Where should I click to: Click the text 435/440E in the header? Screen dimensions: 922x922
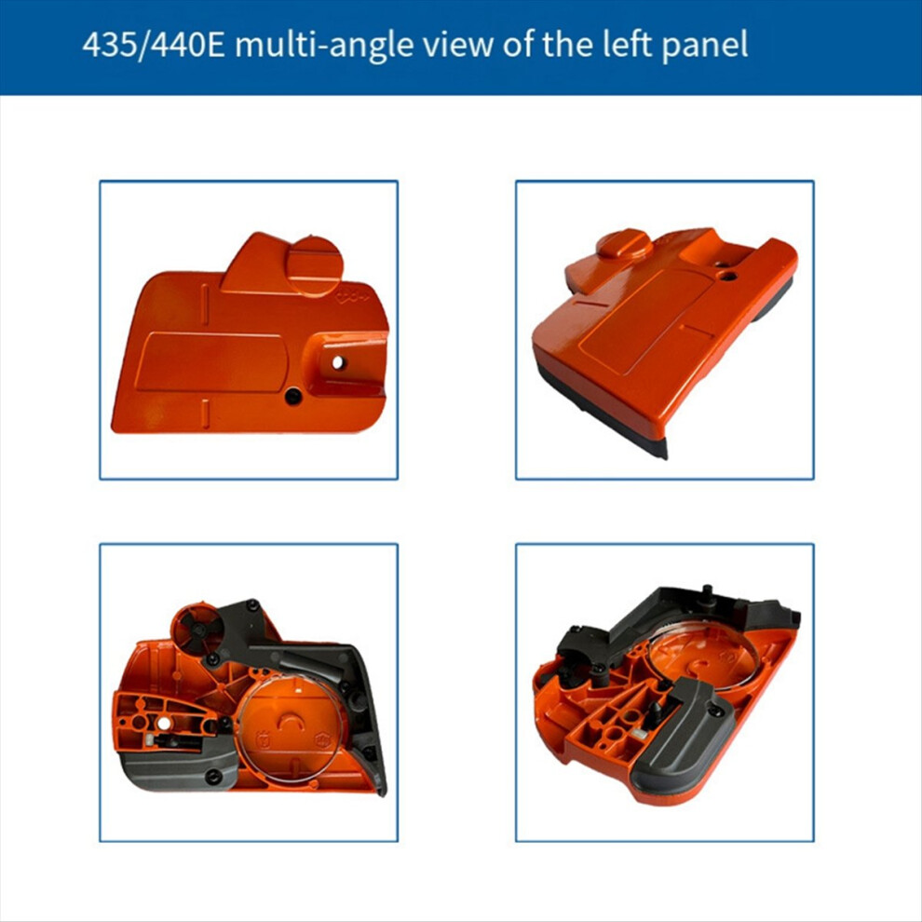(x=154, y=45)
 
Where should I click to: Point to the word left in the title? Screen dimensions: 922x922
(x=625, y=44)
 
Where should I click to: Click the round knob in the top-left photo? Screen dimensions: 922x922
(x=315, y=264)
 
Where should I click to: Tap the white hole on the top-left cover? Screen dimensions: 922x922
(x=338, y=363)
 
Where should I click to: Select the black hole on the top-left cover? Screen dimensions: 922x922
(x=292, y=397)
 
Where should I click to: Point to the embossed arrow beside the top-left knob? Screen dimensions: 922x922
(x=352, y=298)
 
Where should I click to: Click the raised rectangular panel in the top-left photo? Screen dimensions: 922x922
(x=210, y=362)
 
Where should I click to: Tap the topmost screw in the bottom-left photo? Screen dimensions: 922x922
(x=252, y=603)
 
